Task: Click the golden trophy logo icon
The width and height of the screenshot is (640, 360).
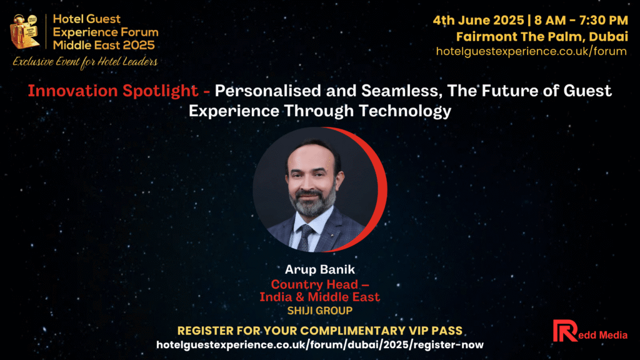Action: [x=25, y=32]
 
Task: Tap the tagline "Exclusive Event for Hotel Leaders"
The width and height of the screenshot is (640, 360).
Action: [x=85, y=62]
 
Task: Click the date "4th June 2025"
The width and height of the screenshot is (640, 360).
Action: [x=478, y=20]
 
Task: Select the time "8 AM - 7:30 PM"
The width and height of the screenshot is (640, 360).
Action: [x=581, y=20]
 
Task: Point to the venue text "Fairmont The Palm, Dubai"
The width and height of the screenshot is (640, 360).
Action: [x=542, y=37]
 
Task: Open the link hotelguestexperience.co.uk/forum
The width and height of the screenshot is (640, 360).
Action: [x=531, y=51]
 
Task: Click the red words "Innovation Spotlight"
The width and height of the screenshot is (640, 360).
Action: [x=113, y=91]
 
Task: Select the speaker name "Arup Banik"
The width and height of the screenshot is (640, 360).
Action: [x=319, y=269]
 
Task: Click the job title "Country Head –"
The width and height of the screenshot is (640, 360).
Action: [x=320, y=284]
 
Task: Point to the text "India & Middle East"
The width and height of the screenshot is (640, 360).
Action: [x=319, y=297]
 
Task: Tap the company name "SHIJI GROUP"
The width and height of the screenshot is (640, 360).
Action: [x=319, y=311]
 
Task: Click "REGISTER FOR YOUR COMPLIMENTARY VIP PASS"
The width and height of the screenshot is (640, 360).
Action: [x=319, y=331]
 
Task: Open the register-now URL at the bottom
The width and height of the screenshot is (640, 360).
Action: [x=319, y=345]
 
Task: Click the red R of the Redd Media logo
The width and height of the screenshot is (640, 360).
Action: [x=565, y=331]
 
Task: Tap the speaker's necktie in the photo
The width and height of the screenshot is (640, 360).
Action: [x=304, y=237]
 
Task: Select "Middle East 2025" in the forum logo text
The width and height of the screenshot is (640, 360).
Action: [x=104, y=45]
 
